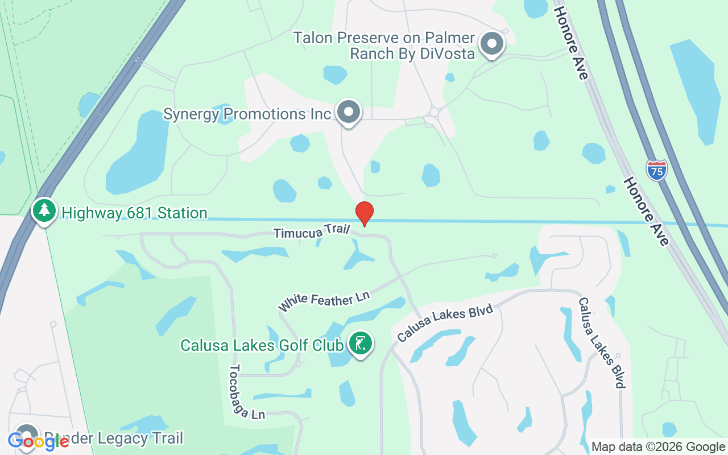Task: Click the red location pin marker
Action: click(x=364, y=213)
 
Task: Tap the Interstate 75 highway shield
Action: click(x=656, y=170)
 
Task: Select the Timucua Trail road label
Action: click(x=311, y=232)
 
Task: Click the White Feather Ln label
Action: click(x=324, y=301)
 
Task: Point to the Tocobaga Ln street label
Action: click(x=247, y=392)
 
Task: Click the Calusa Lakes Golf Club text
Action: click(x=262, y=345)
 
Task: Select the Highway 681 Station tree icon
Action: click(x=44, y=211)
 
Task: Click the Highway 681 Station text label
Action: click(x=134, y=213)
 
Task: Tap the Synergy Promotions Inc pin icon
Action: click(x=348, y=112)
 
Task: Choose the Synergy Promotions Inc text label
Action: click(x=247, y=114)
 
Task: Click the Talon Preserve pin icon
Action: click(x=491, y=44)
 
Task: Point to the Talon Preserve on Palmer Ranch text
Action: click(x=384, y=45)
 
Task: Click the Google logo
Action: click(x=38, y=441)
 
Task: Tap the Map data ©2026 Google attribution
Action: click(x=659, y=447)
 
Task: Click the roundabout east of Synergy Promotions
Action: click(x=435, y=112)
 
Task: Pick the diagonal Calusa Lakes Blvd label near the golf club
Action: click(x=445, y=322)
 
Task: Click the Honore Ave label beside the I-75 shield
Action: click(x=646, y=210)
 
